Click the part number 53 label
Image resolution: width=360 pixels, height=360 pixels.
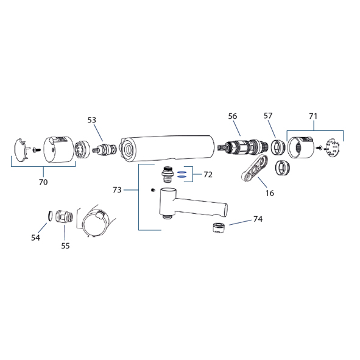[91, 120]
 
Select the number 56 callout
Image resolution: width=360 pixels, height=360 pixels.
[232, 116]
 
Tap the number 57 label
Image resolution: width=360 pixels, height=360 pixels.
[267, 116]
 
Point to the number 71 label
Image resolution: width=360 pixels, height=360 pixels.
[313, 116]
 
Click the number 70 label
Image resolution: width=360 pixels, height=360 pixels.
[43, 182]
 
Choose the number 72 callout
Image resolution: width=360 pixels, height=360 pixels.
[208, 175]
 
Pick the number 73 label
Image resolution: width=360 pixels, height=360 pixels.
[117, 190]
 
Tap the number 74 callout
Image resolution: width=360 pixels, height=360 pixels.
[258, 219]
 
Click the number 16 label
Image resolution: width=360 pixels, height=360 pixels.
[270, 193]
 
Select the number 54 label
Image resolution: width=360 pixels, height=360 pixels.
[35, 238]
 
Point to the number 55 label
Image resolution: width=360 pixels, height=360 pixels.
[65, 245]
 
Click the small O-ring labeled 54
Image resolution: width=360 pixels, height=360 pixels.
[49, 216]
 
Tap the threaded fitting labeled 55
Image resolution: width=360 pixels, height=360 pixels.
[65, 216]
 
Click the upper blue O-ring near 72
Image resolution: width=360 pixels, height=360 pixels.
[181, 172]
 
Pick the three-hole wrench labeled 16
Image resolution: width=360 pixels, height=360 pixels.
[255, 168]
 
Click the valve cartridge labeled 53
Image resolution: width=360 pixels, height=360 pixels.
[104, 149]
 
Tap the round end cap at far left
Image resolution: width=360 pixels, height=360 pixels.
[23, 149]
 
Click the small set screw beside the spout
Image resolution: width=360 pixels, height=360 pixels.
[154, 190]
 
